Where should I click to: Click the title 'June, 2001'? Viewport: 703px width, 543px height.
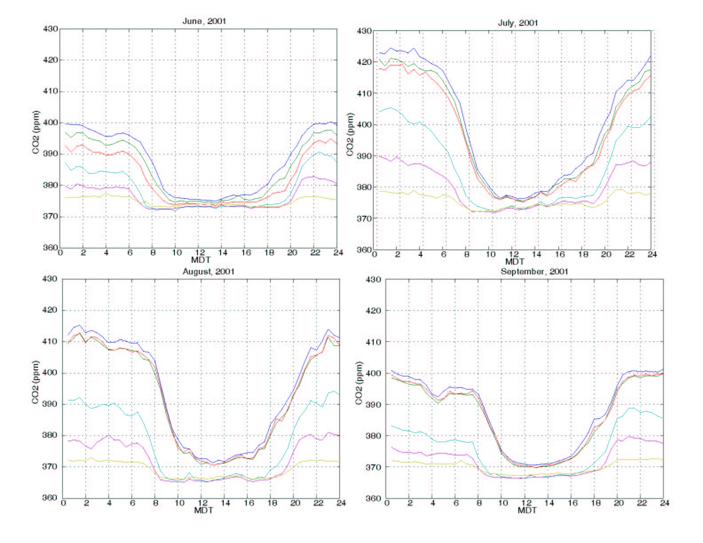(205, 21)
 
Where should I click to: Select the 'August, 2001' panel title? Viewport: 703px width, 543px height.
(209, 271)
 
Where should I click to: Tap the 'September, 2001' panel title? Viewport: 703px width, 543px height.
(534, 271)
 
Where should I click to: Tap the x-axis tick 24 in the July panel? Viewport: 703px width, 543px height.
(652, 254)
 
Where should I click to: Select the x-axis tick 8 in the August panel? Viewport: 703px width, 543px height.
(154, 503)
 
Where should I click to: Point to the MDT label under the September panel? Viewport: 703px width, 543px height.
(527, 510)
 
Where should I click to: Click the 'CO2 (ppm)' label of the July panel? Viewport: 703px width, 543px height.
(350, 134)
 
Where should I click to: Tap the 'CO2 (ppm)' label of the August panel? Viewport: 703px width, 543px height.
(36, 383)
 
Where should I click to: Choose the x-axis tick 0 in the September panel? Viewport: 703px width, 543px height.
(387, 503)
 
